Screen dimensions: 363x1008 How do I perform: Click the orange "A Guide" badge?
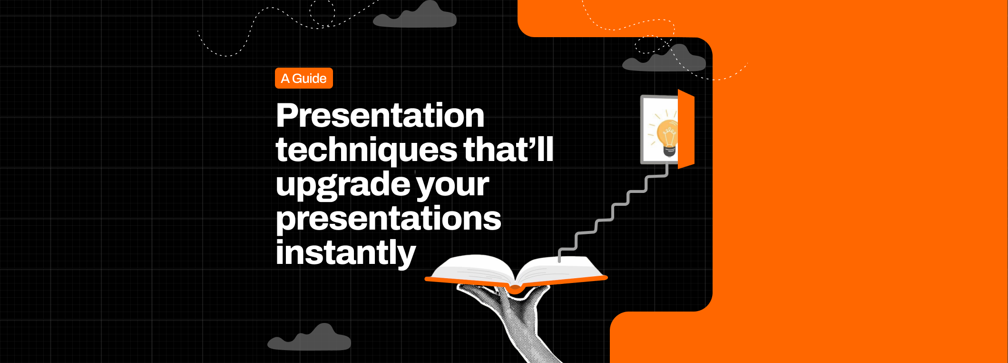pos(303,79)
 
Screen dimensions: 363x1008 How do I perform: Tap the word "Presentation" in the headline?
pos(380,116)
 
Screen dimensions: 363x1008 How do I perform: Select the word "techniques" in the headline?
pos(366,150)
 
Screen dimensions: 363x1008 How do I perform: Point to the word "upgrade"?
pos(343,185)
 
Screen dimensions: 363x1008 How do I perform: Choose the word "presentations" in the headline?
pos(388,219)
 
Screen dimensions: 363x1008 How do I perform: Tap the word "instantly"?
pos(345,253)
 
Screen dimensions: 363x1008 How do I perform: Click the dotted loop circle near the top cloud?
pos(322,12)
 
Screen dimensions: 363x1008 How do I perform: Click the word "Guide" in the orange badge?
pos(309,79)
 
